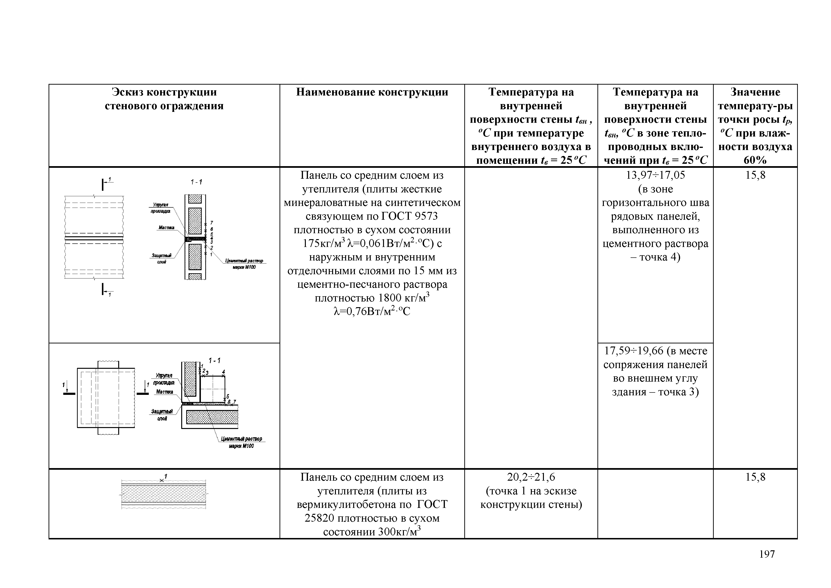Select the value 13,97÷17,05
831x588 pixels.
point(655,175)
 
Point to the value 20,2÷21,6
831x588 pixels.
point(531,477)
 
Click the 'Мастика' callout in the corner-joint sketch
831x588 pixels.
point(165,392)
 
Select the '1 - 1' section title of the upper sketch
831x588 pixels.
point(196,182)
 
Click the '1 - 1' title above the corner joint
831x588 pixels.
point(214,361)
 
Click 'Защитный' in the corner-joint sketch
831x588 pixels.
point(162,412)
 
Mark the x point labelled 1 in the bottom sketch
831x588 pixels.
point(161,480)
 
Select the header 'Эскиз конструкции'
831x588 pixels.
point(164,92)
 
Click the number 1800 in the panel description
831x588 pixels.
point(389,298)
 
